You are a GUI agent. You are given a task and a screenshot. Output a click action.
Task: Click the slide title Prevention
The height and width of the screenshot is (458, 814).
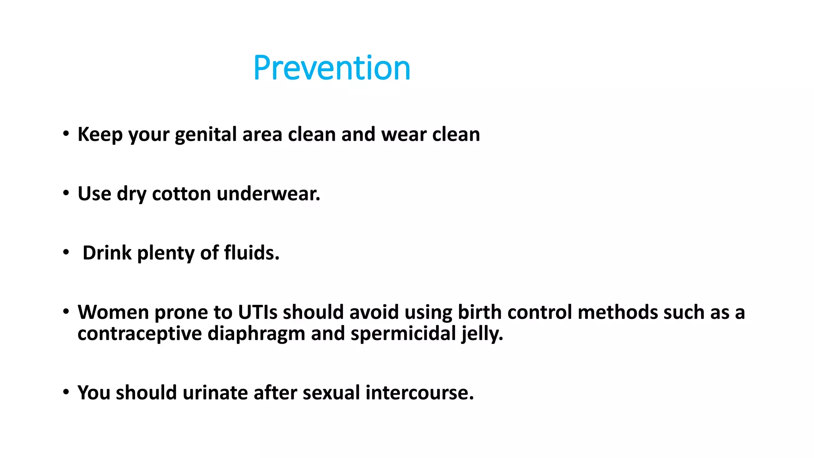pos(331,68)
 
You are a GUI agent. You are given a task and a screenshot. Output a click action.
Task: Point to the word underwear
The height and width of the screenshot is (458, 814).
pos(268,194)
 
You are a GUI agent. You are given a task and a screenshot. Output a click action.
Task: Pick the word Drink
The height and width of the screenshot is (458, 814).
pos(107,253)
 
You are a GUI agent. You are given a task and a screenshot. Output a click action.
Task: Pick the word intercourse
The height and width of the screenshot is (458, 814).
pos(419,393)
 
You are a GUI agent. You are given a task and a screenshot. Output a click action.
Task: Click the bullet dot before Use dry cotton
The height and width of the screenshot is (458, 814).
pos(66,194)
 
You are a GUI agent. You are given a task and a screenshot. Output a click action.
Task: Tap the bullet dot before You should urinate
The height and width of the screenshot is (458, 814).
pos(66,392)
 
